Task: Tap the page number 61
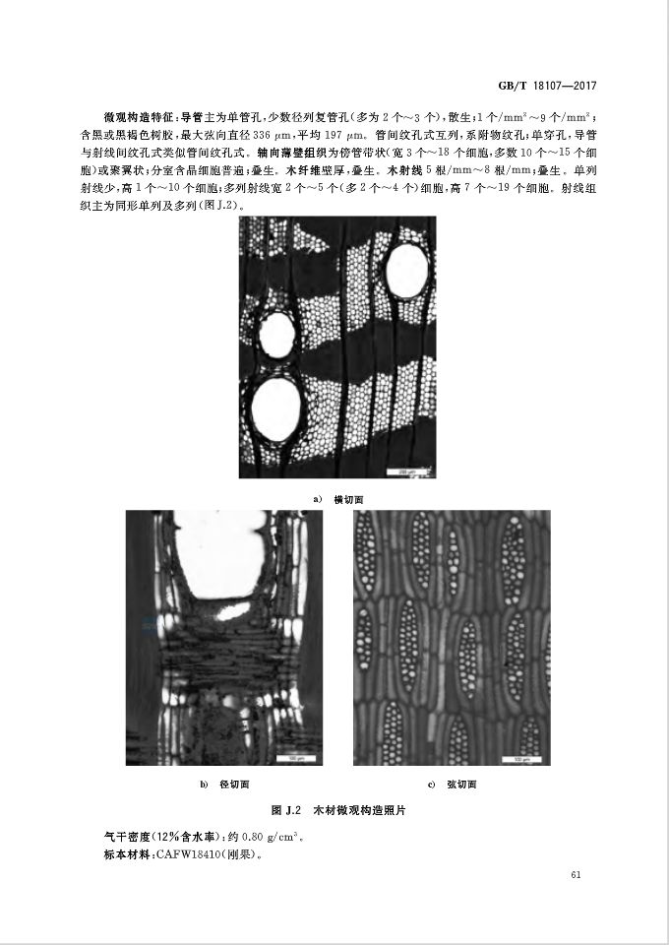coord(577,874)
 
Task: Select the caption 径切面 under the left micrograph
coord(234,785)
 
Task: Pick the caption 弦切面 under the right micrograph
coord(461,785)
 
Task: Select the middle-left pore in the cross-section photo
coord(276,335)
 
